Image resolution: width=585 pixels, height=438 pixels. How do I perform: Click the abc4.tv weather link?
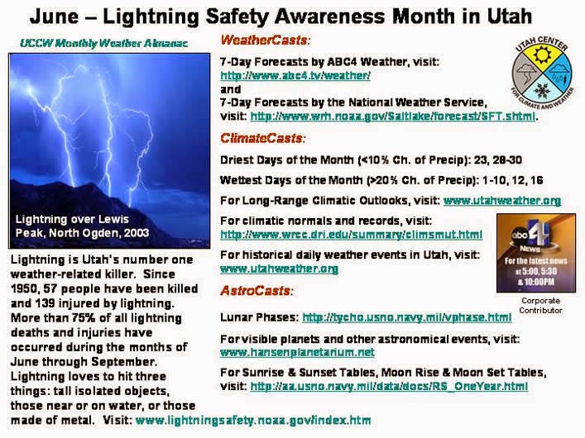[x=295, y=76]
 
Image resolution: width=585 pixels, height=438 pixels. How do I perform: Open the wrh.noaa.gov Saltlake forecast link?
[x=393, y=117]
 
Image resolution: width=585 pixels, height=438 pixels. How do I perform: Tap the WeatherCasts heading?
[x=266, y=40]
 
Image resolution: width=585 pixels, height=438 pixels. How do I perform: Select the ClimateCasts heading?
[x=263, y=138]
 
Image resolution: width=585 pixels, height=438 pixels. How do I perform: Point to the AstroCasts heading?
[x=257, y=290]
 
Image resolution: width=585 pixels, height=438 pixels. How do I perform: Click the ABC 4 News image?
[x=535, y=253]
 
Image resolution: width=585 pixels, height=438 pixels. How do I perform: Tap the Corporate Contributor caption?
[x=540, y=305]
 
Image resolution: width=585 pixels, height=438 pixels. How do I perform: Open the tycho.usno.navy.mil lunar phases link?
[x=406, y=317]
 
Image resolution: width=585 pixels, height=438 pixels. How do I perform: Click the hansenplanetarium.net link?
[x=297, y=352]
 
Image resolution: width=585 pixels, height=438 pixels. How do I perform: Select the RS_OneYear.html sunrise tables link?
[x=389, y=386]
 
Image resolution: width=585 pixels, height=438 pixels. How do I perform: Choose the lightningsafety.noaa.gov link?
[x=253, y=421]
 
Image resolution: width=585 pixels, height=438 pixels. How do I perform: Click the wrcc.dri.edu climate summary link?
[x=351, y=235]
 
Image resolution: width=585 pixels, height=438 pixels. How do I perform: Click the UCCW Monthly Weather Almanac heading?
[x=103, y=43]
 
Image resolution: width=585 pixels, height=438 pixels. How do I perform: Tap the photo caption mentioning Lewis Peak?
[x=82, y=226]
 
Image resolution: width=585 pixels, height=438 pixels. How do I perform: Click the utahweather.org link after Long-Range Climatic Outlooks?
[x=502, y=201]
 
